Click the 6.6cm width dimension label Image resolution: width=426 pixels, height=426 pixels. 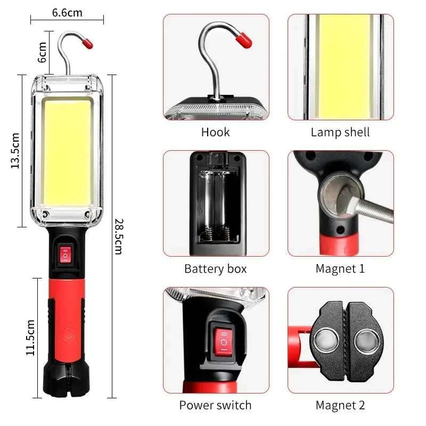[67, 12]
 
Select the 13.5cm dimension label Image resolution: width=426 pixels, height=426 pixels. [15, 151]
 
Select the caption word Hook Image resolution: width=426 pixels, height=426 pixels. [215, 132]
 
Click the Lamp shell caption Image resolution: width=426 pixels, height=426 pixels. [340, 132]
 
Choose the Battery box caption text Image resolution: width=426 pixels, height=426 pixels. [215, 268]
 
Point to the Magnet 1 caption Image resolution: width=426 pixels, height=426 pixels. [340, 268]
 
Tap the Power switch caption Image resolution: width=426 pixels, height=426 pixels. [215, 405]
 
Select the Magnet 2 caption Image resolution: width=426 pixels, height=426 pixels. [340, 405]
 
